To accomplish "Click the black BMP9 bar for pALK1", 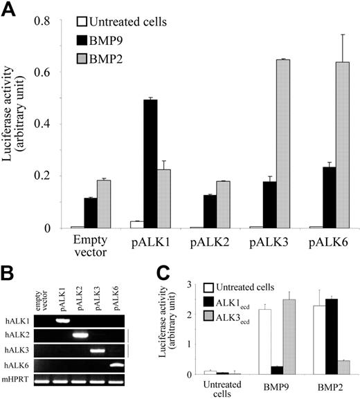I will (150, 164).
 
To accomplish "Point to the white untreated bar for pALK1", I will (137, 225).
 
